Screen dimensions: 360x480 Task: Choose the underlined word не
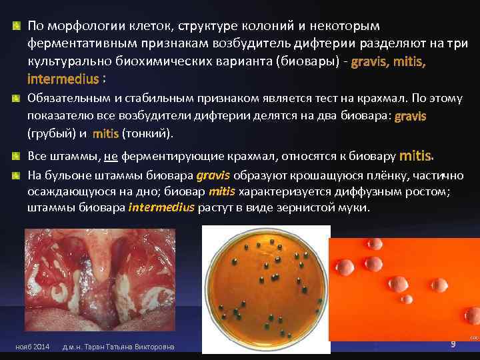tap(111, 157)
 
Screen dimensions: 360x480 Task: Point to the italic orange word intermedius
tap(161, 207)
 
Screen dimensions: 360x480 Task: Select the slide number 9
tap(453, 344)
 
